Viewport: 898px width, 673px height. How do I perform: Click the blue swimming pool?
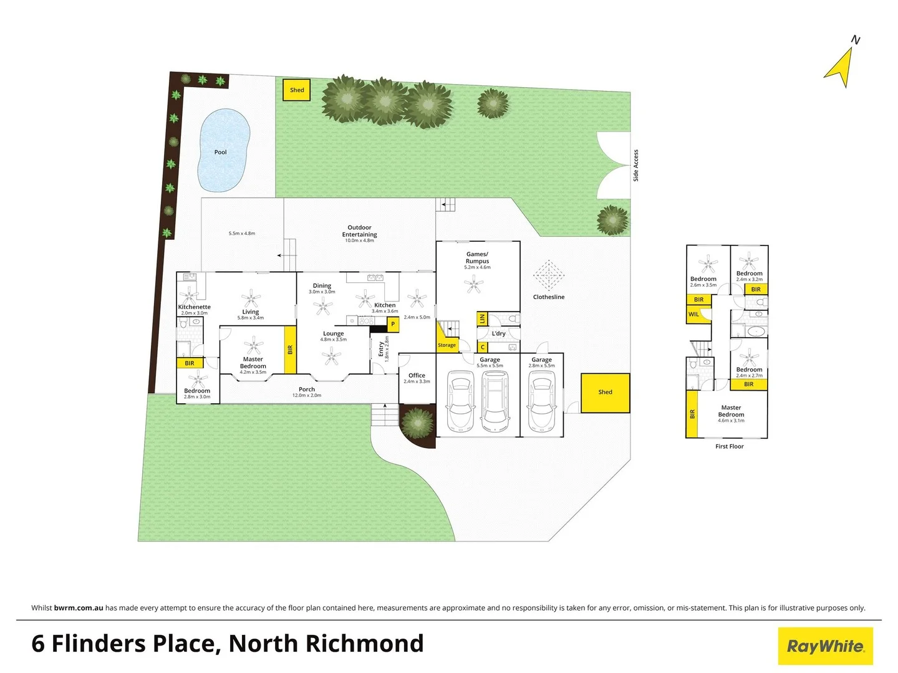click(223, 151)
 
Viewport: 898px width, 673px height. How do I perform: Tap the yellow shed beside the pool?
click(297, 90)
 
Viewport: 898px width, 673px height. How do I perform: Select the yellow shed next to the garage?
click(605, 393)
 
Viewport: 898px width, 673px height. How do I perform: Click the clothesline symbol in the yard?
click(549, 276)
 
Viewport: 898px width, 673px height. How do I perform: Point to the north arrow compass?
click(842, 66)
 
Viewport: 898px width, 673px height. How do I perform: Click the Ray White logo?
click(825, 646)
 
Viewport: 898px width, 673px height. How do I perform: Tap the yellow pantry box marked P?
click(393, 325)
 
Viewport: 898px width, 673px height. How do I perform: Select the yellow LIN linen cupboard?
click(482, 319)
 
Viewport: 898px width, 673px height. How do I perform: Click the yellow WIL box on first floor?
click(694, 315)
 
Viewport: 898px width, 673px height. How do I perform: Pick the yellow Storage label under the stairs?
click(447, 345)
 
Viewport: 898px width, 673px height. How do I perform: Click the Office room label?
click(417, 376)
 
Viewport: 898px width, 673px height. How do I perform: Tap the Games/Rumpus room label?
click(478, 257)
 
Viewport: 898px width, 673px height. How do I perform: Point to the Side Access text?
click(636, 166)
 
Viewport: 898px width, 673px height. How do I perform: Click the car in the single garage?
click(541, 403)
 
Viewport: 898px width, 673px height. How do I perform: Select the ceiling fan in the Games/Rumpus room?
click(475, 285)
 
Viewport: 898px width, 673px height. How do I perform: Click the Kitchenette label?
click(194, 307)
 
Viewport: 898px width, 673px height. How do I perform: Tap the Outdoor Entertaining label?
click(359, 231)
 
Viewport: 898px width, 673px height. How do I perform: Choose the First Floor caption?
click(729, 447)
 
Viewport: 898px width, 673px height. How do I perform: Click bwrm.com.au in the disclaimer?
click(79, 608)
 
